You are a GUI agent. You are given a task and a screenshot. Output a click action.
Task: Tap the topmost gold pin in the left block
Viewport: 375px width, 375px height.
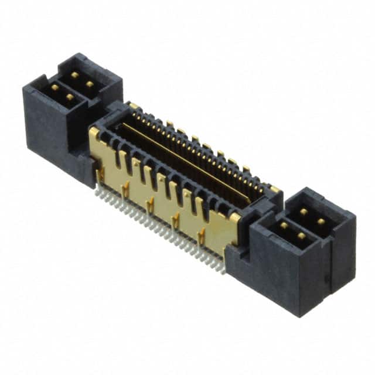pos(74,75)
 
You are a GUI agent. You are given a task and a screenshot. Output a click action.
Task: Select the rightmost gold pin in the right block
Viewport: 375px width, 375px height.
pos(321,221)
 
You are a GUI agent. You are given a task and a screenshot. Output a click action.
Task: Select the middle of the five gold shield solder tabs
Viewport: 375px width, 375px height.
pos(151,204)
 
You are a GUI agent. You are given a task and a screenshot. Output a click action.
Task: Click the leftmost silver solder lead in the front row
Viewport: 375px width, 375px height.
pos(97,192)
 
